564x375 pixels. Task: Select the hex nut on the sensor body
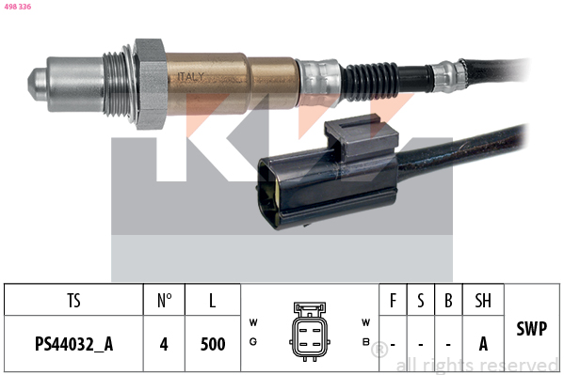coord(150,84)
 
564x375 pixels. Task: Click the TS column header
coord(73,301)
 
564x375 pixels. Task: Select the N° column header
coord(164,301)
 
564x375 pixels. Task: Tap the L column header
coord(213,301)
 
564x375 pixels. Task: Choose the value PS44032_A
coord(73,344)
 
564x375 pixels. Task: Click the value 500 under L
coord(213,344)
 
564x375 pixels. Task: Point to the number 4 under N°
coord(164,344)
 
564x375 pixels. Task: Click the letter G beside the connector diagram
coord(252,342)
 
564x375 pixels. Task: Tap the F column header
coord(394,301)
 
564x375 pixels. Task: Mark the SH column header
coord(483,301)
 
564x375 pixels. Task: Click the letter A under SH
coord(483,344)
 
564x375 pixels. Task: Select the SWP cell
coord(532,329)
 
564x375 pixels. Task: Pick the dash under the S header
coord(421,344)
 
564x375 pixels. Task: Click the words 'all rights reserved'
coord(476,366)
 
